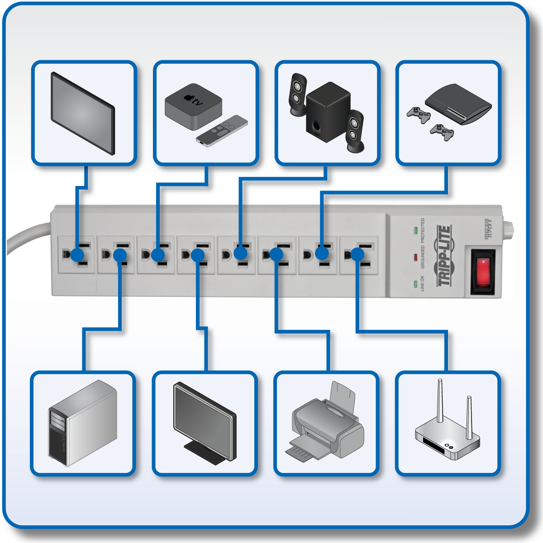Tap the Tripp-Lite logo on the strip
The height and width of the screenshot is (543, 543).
[x=444, y=256]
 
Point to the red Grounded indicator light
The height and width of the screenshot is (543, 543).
[x=416, y=257]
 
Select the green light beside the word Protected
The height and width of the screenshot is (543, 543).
[x=416, y=230]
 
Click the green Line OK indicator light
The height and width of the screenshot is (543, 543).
[x=416, y=284]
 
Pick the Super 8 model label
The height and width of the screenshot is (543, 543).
[x=488, y=229]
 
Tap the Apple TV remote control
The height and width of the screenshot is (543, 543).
[x=222, y=132]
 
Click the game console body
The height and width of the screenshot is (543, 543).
[x=458, y=103]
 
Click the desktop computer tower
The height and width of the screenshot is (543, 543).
[x=82, y=423]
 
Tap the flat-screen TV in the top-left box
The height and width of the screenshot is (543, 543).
[x=83, y=113]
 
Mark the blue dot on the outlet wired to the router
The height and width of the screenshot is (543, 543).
[x=357, y=254]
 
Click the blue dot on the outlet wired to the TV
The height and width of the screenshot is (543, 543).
[x=78, y=254]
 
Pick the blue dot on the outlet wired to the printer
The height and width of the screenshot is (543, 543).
[x=276, y=254]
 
